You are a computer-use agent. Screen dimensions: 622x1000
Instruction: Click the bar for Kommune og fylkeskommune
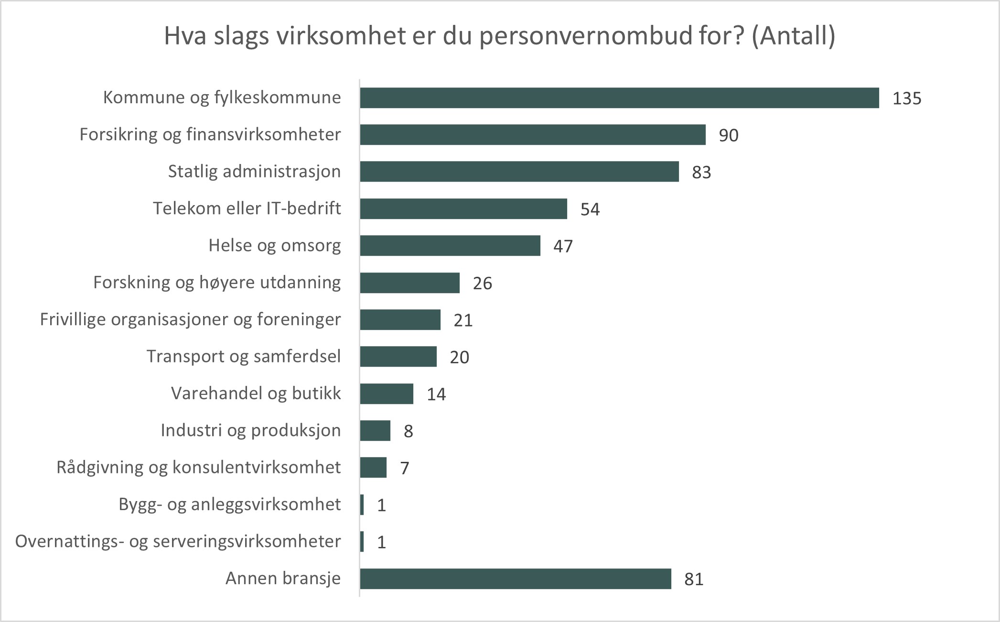[619, 98]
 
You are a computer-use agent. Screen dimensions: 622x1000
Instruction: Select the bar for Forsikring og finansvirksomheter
[533, 135]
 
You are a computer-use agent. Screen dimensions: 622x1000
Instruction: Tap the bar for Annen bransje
[516, 579]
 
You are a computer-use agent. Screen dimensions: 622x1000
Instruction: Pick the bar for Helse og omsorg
[450, 246]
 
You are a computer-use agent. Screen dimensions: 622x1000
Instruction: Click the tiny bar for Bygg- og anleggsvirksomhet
[362, 505]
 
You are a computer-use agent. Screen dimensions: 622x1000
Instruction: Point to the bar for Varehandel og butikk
[387, 394]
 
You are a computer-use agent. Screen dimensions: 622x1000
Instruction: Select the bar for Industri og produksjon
[375, 431]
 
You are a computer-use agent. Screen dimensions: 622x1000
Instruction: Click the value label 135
[906, 98]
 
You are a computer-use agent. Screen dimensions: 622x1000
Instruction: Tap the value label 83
[701, 172]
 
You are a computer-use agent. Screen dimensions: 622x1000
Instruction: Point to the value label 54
[590, 209]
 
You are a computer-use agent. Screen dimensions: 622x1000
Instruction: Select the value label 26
[482, 284]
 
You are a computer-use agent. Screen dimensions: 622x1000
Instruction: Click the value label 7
[404, 468]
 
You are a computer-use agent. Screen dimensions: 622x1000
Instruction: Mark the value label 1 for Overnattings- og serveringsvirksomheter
[381, 542]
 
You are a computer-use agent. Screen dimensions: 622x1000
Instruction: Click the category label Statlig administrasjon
[254, 171]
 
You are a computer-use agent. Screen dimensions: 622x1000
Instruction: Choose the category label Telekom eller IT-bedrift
[247, 208]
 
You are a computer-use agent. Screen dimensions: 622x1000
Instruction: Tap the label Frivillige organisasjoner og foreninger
[190, 319]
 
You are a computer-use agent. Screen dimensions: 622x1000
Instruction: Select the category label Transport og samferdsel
[243, 356]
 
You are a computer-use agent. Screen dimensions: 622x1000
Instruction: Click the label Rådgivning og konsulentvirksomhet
[198, 467]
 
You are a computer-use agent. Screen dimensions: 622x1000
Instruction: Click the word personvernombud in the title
[585, 36]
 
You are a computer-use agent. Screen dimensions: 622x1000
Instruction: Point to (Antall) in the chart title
[793, 35]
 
